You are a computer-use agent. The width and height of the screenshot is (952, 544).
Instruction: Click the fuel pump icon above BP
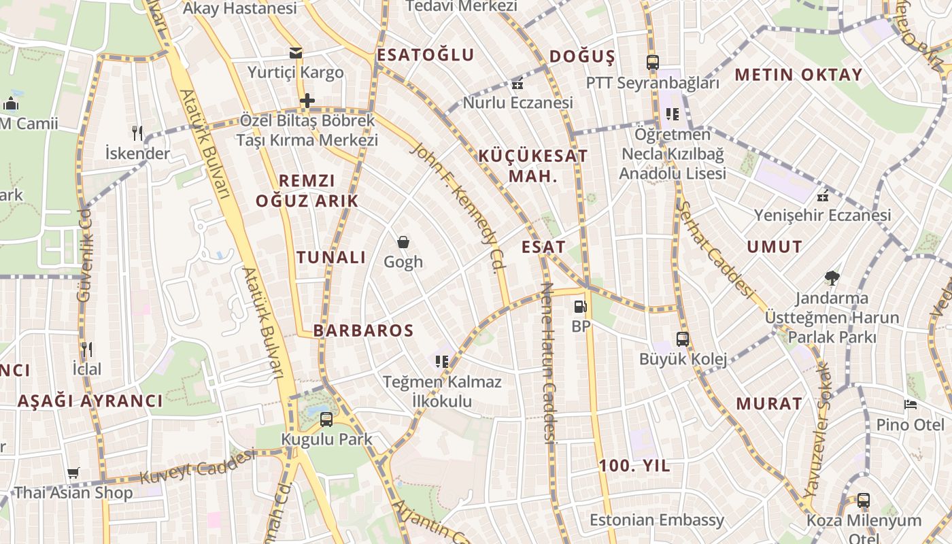pos(580,307)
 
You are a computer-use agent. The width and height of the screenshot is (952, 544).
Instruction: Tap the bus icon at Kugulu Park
pos(326,419)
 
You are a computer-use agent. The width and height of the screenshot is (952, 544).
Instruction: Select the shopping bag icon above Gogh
pos(403,242)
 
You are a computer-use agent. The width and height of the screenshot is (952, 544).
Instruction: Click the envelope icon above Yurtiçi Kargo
pos(296,52)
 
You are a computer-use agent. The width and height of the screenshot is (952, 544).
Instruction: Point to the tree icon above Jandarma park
pos(832,277)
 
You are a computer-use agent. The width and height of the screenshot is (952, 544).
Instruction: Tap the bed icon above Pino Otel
pos(911,405)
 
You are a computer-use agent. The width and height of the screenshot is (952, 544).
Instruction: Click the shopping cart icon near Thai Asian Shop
pos(73,473)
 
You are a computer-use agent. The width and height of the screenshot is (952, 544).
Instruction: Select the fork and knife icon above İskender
pos(138,133)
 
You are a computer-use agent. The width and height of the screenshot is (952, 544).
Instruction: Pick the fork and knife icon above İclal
pos(86,350)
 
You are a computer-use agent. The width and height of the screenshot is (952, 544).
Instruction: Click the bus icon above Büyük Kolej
pos(683,339)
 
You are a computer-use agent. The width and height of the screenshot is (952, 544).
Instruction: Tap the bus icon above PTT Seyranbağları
pos(653,63)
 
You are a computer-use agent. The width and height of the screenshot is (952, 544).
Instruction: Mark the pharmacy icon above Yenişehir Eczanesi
pos(823,196)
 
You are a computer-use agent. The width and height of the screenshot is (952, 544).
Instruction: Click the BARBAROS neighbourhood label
pos(363,331)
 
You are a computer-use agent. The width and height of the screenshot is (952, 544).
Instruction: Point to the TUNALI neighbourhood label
pos(331,258)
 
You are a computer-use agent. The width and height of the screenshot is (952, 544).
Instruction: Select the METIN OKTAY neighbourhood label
pos(798,75)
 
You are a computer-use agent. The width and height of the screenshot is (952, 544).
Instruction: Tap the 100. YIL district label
pos(634,466)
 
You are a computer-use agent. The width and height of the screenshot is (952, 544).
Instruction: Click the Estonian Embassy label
pos(657,520)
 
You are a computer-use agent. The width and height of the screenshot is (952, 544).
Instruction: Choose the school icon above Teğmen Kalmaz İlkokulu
pos(442,361)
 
